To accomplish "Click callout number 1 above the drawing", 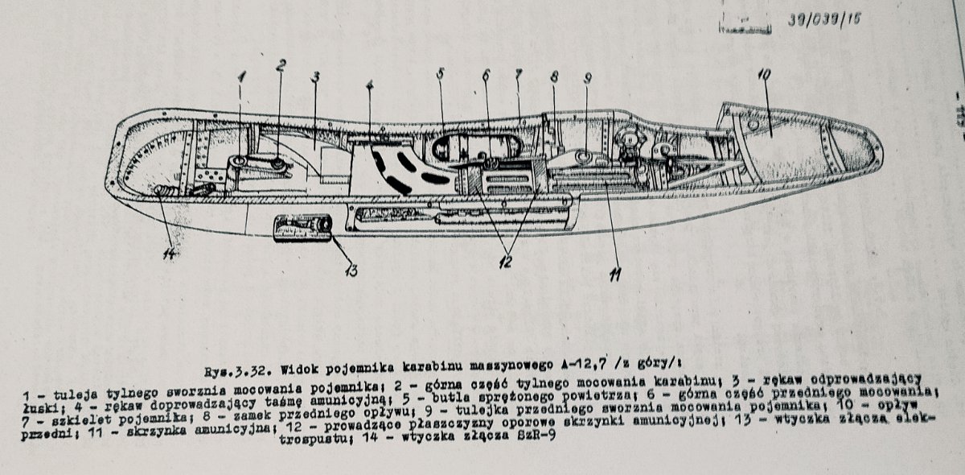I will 240,78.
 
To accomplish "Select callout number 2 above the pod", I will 281,68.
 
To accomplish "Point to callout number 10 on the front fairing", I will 764,75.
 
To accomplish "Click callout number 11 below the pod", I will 615,275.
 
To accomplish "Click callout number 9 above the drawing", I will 588,78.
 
